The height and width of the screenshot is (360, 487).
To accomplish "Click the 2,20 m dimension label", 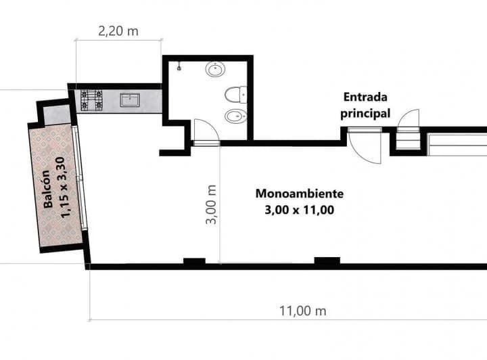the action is [118, 31].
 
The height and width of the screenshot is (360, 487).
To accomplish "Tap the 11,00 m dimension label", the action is [303, 311].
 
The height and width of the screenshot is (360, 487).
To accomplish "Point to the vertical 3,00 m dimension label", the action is [211, 204].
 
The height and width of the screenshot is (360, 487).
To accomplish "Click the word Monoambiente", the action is [300, 194].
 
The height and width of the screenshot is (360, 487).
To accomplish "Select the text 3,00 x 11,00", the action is [300, 210].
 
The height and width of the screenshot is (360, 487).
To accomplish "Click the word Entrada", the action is [365, 97].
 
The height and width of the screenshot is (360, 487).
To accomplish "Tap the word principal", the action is [365, 114].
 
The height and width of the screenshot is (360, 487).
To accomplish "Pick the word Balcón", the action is [47, 189].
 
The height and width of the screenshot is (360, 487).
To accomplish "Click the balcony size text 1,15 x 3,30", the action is [63, 187].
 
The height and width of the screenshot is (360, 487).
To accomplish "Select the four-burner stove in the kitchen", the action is [91, 100].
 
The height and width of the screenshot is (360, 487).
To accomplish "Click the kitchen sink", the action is [130, 100].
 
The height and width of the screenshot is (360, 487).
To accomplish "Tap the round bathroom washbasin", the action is [215, 69].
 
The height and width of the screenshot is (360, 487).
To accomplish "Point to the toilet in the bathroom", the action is [236, 95].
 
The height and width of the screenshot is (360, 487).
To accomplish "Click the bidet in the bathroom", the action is [236, 117].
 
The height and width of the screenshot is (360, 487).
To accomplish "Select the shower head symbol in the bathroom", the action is [179, 68].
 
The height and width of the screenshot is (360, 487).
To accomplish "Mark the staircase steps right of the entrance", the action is [409, 140].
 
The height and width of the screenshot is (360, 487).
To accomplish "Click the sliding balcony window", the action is [80, 178].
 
